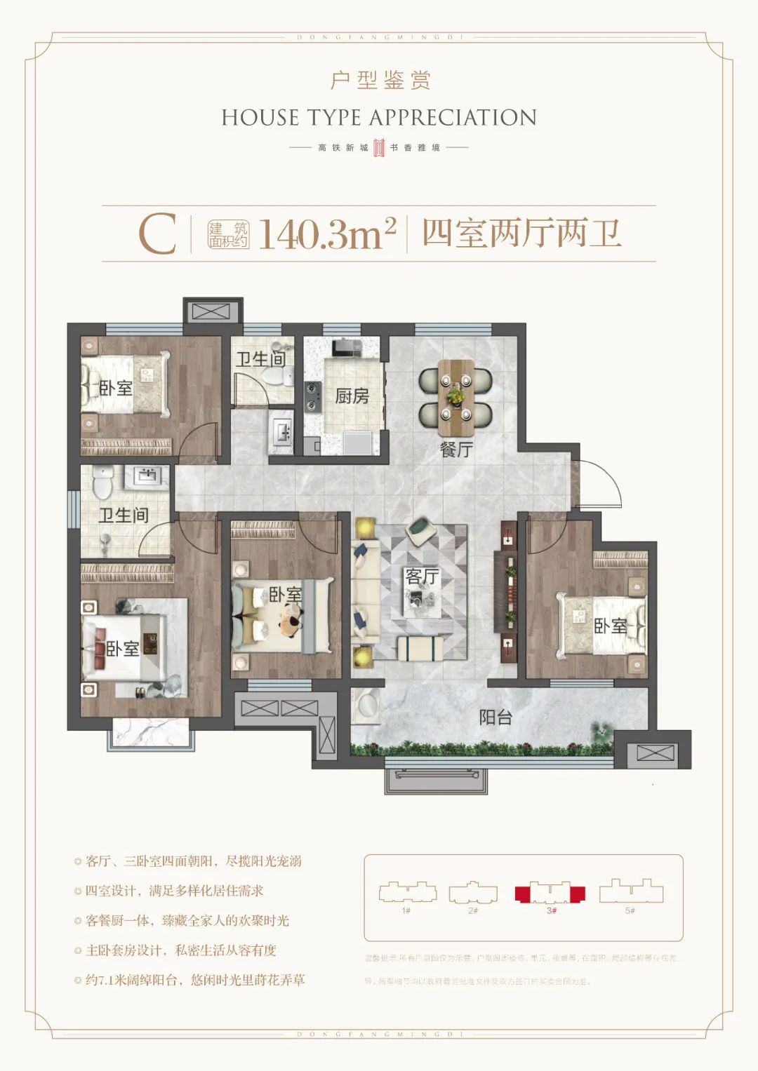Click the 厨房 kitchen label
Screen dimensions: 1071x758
pos(352,396)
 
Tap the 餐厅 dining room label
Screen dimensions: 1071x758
pos(456,449)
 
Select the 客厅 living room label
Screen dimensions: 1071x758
pos(422,577)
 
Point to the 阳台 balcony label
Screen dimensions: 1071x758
pos(496,718)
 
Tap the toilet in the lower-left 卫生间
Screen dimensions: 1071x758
pos(102,480)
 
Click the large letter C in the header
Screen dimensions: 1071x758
pos(157,234)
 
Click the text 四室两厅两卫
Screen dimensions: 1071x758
pos(521,233)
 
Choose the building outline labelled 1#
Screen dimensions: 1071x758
pos(407,893)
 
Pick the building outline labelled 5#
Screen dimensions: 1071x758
pos(630,891)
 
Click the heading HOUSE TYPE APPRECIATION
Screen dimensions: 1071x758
pos(379,118)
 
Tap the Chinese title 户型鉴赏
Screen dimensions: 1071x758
pos(380,81)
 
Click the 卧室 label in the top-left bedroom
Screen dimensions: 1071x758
pos(116,387)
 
